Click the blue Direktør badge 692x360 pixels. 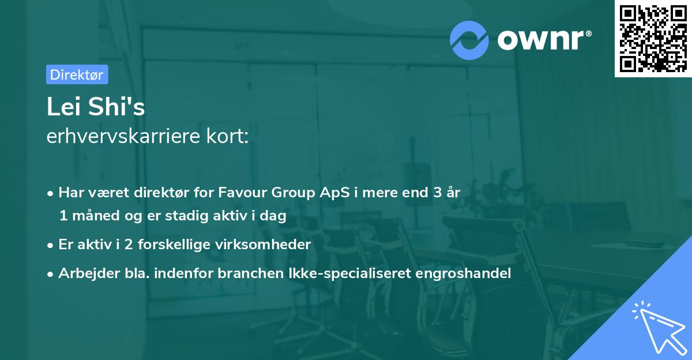click(77, 74)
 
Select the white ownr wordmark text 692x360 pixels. click(540, 39)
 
